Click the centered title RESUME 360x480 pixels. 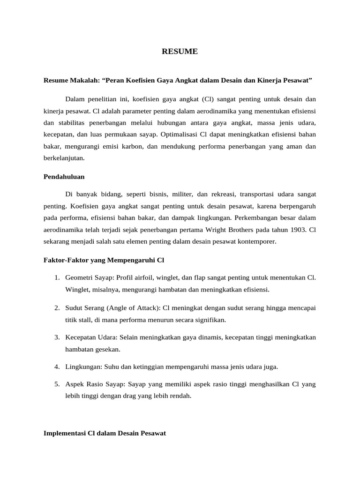pyautogui.click(x=180, y=52)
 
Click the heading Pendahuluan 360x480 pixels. pyautogui.click(x=64, y=178)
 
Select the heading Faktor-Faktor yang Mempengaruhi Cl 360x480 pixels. pyautogui.click(x=103, y=259)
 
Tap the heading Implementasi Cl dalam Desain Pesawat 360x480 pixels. pyautogui.click(x=105, y=434)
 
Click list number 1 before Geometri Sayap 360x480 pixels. pyautogui.click(x=56, y=277)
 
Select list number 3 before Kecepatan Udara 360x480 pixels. pyautogui.click(x=56, y=337)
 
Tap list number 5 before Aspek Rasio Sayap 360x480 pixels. pyautogui.click(x=56, y=384)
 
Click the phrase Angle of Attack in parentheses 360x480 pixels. pyautogui.click(x=132, y=307)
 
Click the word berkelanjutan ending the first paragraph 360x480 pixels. pyautogui.click(x=64, y=158)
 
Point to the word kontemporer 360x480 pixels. pyautogui.click(x=258, y=242)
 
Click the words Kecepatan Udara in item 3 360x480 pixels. pyautogui.click(x=91, y=337)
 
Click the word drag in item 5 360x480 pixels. pyautogui.click(x=132, y=396)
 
